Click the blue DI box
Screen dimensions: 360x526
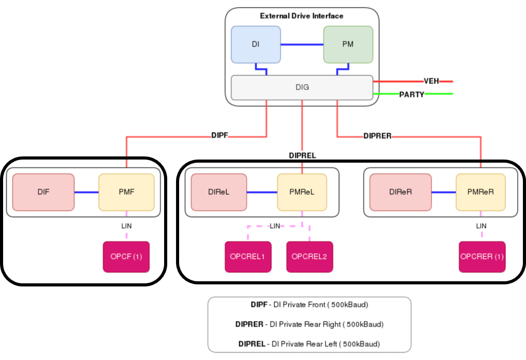click(256, 45)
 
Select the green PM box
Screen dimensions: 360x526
click(348, 45)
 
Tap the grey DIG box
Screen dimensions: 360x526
click(302, 88)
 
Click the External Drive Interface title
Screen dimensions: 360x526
click(301, 16)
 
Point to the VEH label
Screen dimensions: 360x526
click(431, 81)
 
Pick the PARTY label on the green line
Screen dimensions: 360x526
click(412, 94)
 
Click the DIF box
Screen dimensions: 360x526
click(43, 192)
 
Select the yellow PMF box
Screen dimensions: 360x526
click(126, 192)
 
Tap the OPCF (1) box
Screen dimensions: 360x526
click(126, 256)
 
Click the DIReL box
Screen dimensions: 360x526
click(219, 192)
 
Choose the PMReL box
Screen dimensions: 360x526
click(302, 192)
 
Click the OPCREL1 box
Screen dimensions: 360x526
click(248, 256)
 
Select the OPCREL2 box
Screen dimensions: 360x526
click(310, 256)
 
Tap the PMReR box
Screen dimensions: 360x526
click(481, 192)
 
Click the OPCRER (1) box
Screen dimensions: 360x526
click(482, 256)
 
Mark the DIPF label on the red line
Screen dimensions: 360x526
click(220, 136)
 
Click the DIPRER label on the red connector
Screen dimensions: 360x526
click(377, 136)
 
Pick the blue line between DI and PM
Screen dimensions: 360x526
click(302, 45)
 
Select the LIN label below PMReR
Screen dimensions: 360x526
click(481, 226)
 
